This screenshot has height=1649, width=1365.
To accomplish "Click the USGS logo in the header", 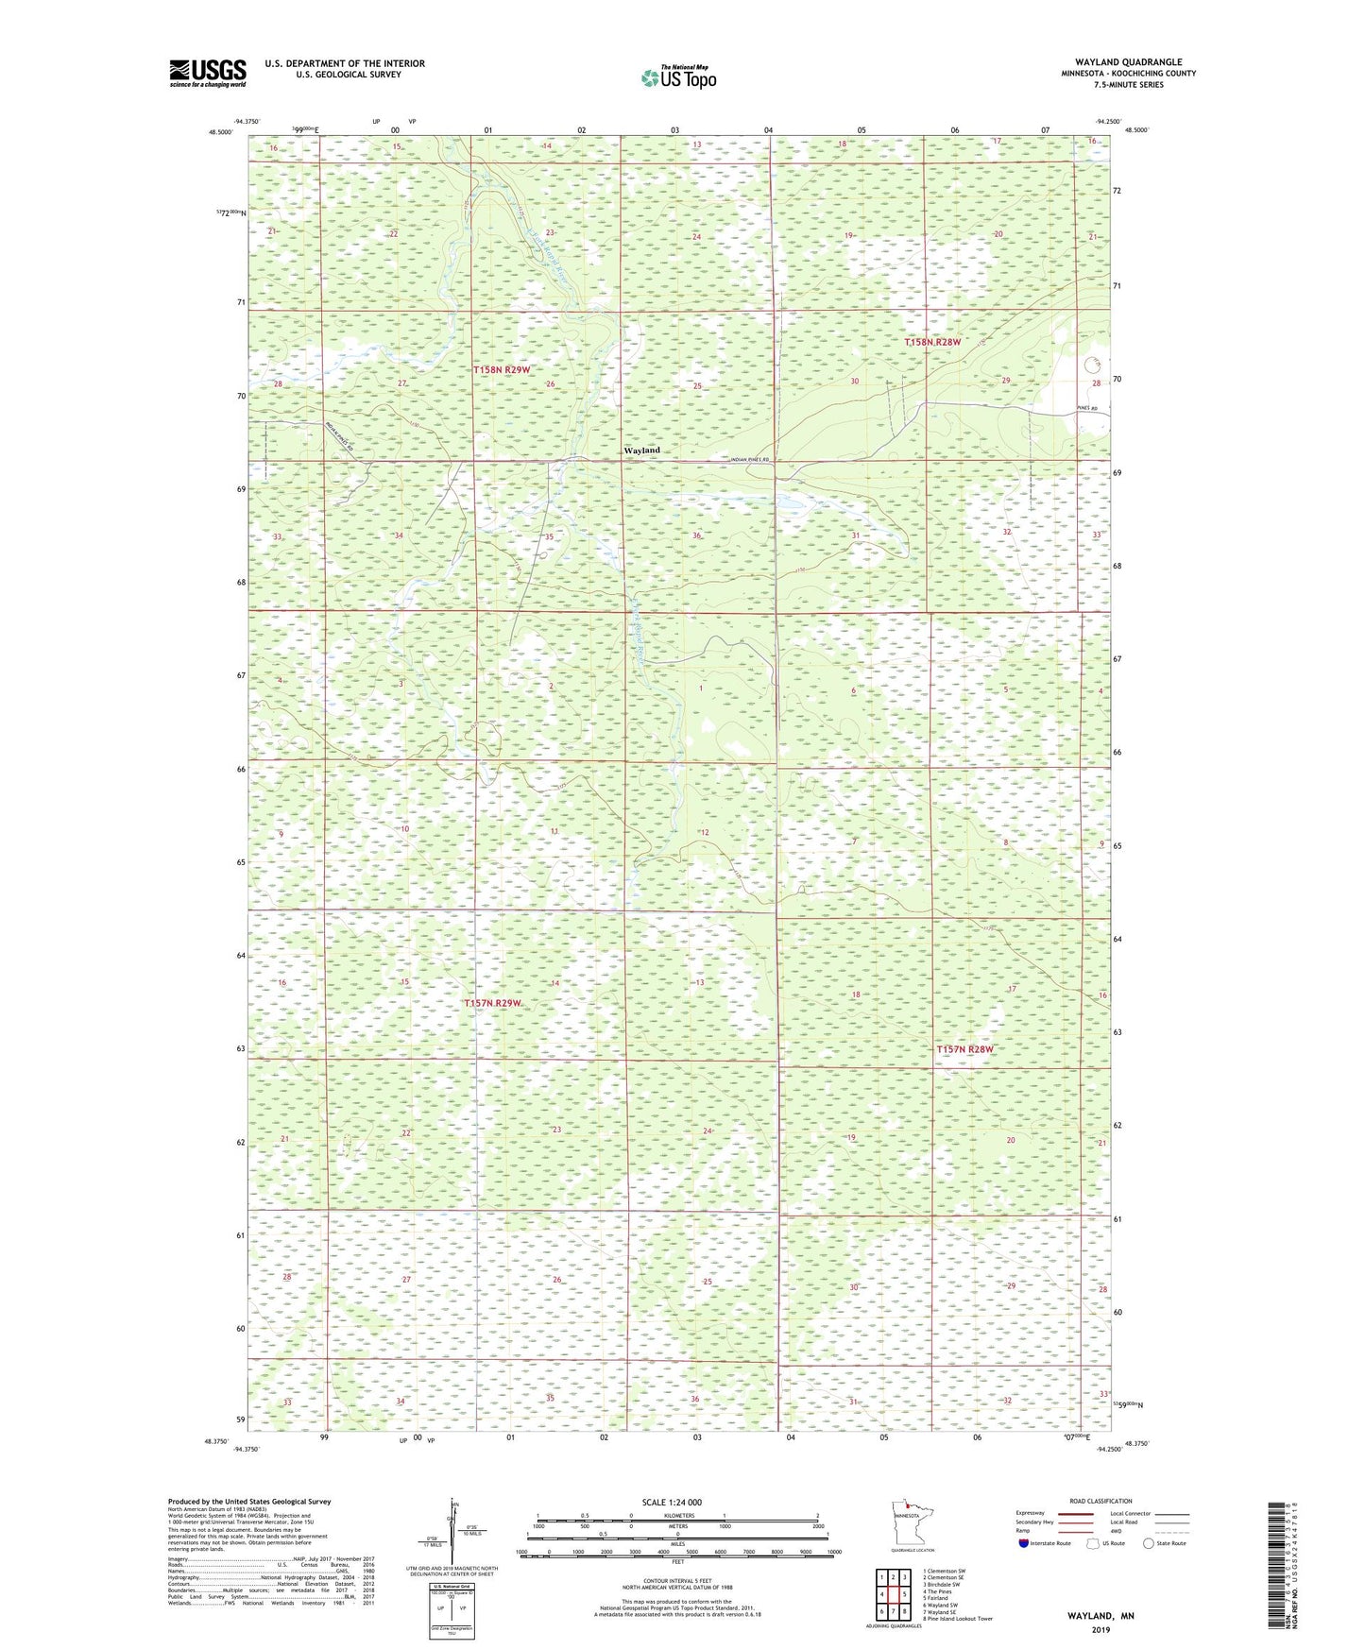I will point(207,72).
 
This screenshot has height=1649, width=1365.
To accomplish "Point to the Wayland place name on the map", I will point(641,450).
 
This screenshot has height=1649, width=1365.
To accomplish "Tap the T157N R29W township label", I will point(492,1003).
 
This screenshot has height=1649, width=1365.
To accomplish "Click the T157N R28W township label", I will point(964,1049).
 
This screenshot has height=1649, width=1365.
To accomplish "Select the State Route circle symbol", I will point(1149,1544).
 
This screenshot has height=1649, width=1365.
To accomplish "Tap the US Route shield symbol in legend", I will point(1093,1544).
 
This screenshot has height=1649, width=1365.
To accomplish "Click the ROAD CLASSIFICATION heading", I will point(1101,1502).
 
